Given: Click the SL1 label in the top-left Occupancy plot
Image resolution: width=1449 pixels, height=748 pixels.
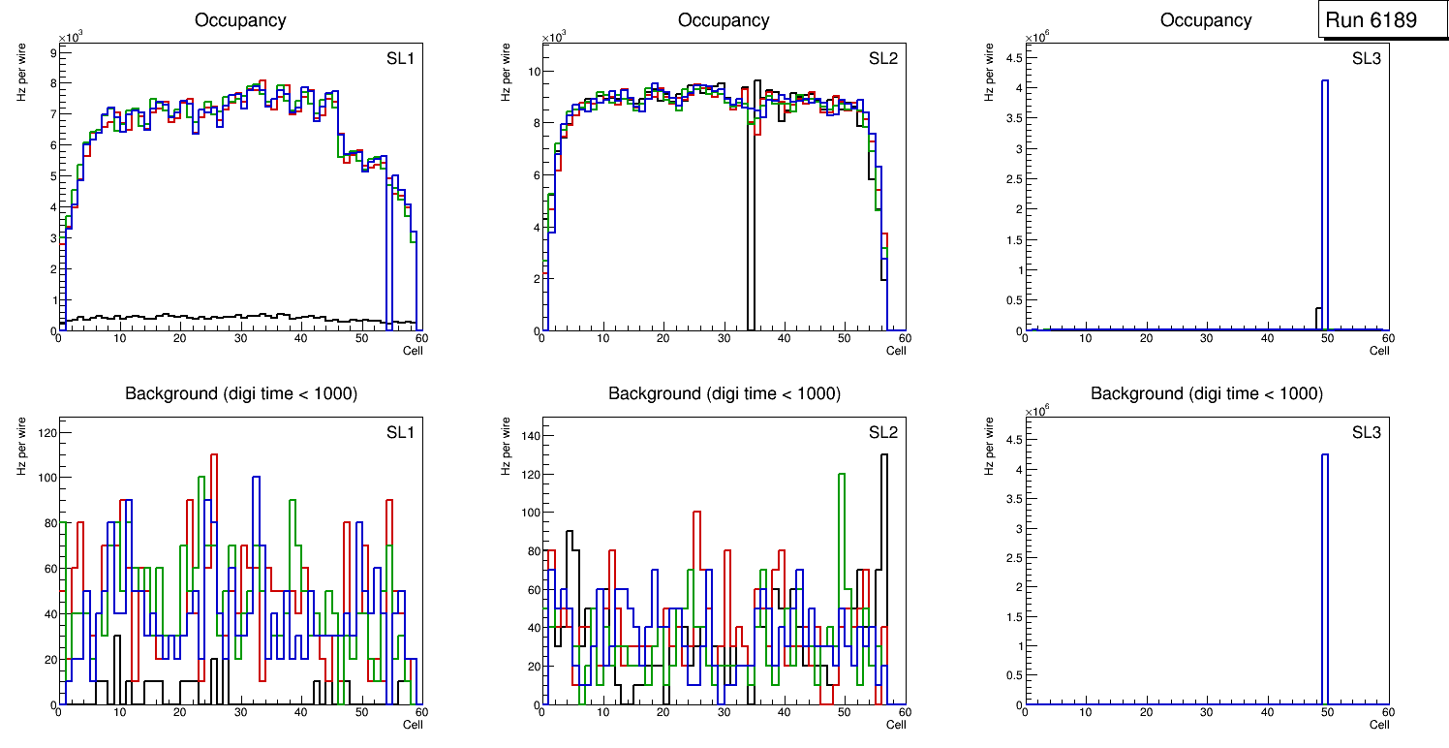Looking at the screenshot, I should (400, 58).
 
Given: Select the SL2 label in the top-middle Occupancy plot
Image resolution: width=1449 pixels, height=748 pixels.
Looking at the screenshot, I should (883, 58).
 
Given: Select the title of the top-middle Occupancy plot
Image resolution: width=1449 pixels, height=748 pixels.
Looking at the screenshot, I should (724, 20).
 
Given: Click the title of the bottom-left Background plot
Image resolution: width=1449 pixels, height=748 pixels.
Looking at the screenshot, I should (241, 393).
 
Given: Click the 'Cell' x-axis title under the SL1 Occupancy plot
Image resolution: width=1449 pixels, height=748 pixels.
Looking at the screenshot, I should (413, 350).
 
